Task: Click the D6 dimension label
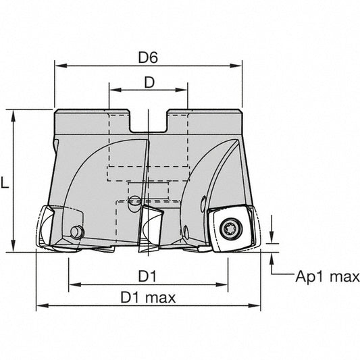(x=148, y=57)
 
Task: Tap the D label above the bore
(x=149, y=82)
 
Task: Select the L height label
(x=5, y=183)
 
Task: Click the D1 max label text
(x=148, y=298)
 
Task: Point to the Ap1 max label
(x=328, y=277)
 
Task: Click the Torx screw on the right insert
(x=231, y=228)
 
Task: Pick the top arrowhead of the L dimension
(x=14, y=116)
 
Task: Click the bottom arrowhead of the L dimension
(x=14, y=246)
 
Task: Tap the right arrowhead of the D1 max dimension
(x=255, y=306)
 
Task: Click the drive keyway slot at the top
(x=149, y=122)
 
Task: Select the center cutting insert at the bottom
(x=151, y=228)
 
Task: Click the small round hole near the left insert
(x=76, y=232)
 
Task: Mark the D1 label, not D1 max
(x=147, y=276)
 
